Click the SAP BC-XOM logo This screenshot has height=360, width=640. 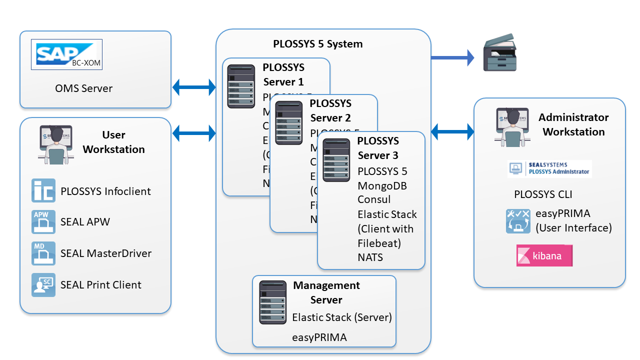(66, 54)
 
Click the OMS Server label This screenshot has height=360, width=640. (84, 88)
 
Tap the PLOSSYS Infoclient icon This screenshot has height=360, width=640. (43, 190)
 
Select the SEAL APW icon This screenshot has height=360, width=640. (43, 222)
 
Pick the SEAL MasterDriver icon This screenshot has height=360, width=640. (43, 253)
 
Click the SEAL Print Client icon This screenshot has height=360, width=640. (43, 285)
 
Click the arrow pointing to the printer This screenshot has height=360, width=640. (452, 57)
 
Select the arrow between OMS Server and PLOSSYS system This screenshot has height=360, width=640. (194, 87)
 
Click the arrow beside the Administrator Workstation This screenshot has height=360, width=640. (452, 132)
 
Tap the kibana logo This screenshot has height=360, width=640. (544, 255)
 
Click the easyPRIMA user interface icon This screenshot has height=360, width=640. (517, 221)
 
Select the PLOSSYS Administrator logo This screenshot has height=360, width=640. (549, 169)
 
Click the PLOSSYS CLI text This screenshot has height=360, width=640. (543, 194)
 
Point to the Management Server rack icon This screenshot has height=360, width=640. (273, 302)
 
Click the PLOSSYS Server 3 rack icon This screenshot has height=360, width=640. (336, 160)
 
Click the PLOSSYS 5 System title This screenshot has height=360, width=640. (317, 43)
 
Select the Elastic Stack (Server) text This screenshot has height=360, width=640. (342, 317)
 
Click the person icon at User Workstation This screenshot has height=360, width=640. (56, 145)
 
